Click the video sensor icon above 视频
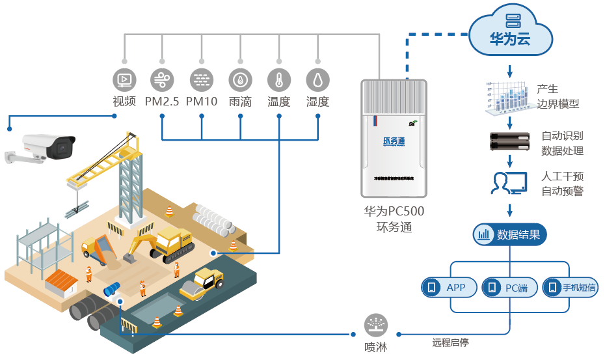coord(124,80)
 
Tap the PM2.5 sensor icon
coord(162,80)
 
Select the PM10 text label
coord(202,102)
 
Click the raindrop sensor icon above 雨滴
coord(241,80)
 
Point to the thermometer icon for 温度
coord(279,80)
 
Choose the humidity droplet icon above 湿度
coord(318,80)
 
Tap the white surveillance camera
coord(46,146)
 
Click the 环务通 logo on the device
coord(394,141)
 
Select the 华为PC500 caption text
coord(394,212)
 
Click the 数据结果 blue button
coord(510,234)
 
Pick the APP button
coord(450,287)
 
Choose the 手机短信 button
coord(570,287)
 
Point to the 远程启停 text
coord(450,342)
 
